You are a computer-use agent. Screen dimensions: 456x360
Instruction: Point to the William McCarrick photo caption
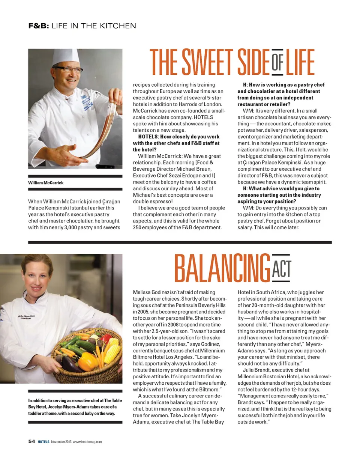(x=46, y=182)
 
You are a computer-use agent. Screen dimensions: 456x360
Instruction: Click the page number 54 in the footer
(x=31, y=442)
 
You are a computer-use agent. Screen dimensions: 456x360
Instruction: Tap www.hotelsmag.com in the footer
(x=87, y=442)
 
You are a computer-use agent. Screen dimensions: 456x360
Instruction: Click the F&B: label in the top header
(x=39, y=26)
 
